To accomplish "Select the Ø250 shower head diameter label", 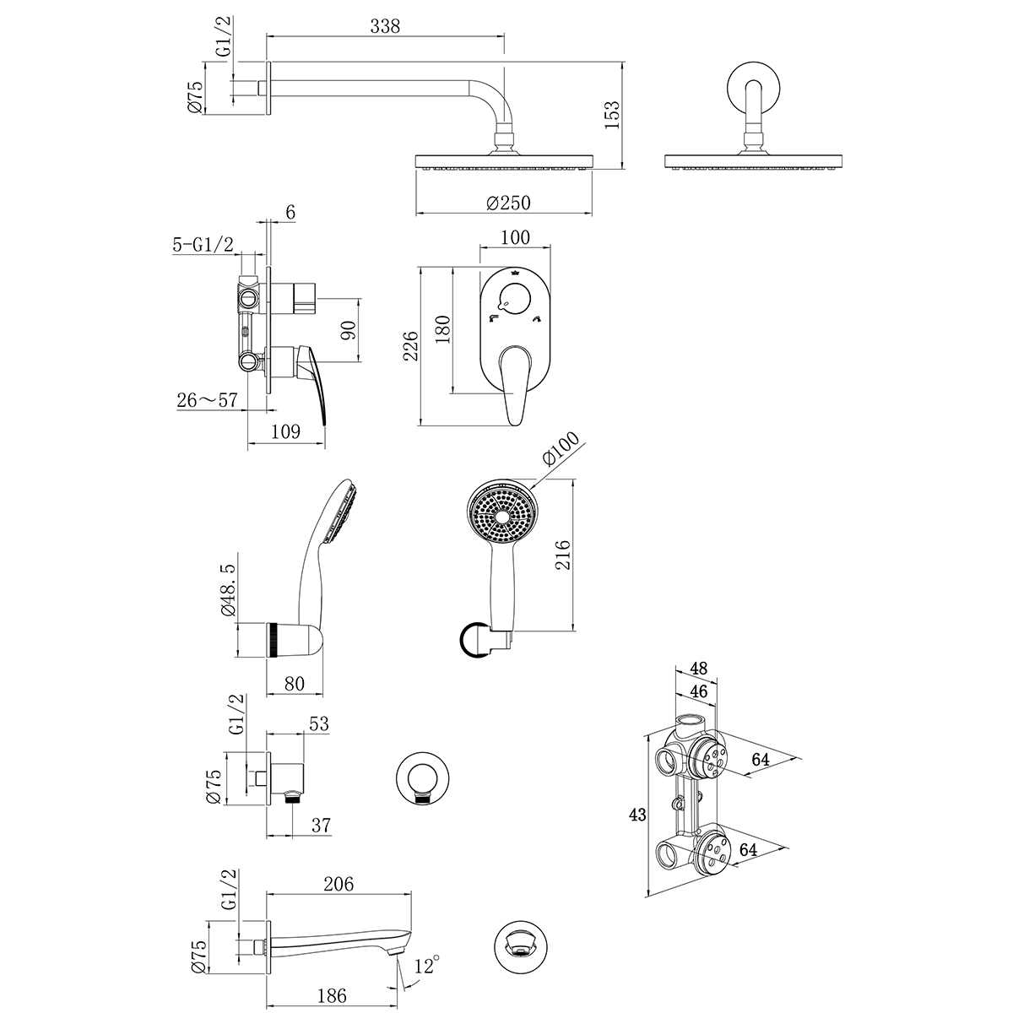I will coord(507,203).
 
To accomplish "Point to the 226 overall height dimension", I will coord(411,346).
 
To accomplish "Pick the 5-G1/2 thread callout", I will coord(203,245).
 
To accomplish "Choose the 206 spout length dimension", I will coord(338,884).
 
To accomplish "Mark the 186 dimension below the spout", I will coord(332,996).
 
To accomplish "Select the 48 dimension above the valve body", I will coord(698,667).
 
